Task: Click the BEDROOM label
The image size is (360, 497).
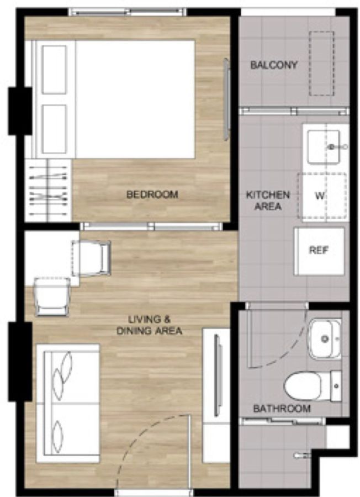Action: [x=152, y=194]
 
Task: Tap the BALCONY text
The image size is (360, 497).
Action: [x=274, y=65]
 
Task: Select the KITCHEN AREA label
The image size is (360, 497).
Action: [x=268, y=200]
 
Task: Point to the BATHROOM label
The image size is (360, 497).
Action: [x=282, y=408]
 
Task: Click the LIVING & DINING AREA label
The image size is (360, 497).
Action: [x=149, y=325]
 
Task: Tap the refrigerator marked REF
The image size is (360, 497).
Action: [x=320, y=251]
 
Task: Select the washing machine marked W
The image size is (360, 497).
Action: [x=322, y=195]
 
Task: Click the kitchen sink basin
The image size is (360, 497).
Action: [x=324, y=147]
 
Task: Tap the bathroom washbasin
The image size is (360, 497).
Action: [x=325, y=339]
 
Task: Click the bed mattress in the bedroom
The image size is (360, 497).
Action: [x=135, y=99]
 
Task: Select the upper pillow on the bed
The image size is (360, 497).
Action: [x=55, y=70]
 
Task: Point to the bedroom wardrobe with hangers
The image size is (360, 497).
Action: [x=48, y=190]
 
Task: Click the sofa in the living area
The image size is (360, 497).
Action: [x=68, y=403]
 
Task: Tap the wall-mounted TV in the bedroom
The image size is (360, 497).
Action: [x=226, y=99]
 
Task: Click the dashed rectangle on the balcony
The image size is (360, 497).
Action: [x=322, y=64]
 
